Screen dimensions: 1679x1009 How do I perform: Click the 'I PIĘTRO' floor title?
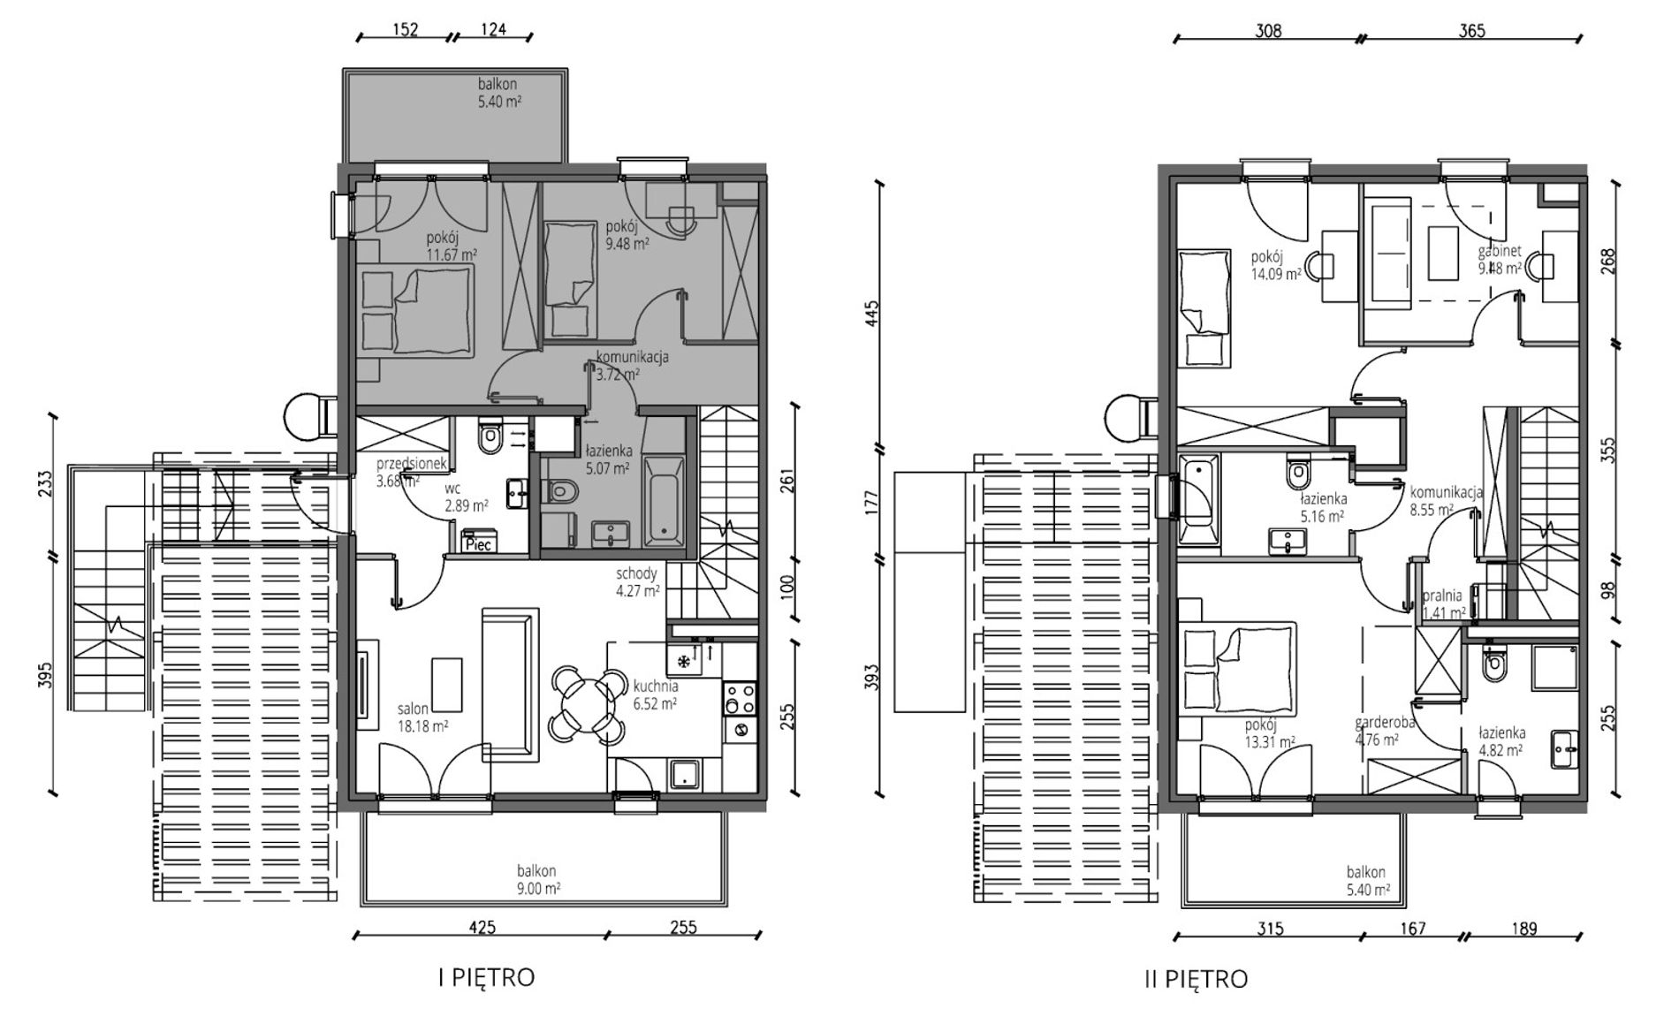tap(486, 977)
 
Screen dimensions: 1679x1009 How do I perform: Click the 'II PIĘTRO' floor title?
tap(1195, 979)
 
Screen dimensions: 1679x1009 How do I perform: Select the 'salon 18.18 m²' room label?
tap(422, 717)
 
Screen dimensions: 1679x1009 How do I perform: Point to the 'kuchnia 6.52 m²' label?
tap(656, 694)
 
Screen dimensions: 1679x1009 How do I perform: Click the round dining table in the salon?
tap(584, 704)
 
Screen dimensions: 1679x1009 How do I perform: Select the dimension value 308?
tap(1268, 30)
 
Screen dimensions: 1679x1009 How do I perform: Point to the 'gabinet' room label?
tap(1500, 251)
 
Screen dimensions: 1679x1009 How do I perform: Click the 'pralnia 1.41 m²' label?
tap(1444, 603)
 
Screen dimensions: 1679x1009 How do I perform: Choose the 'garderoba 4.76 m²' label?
tap(1385, 731)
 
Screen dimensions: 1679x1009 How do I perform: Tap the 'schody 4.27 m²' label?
tap(638, 582)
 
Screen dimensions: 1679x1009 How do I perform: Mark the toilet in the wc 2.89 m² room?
tap(489, 434)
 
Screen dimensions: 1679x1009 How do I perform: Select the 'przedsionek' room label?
tap(414, 463)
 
